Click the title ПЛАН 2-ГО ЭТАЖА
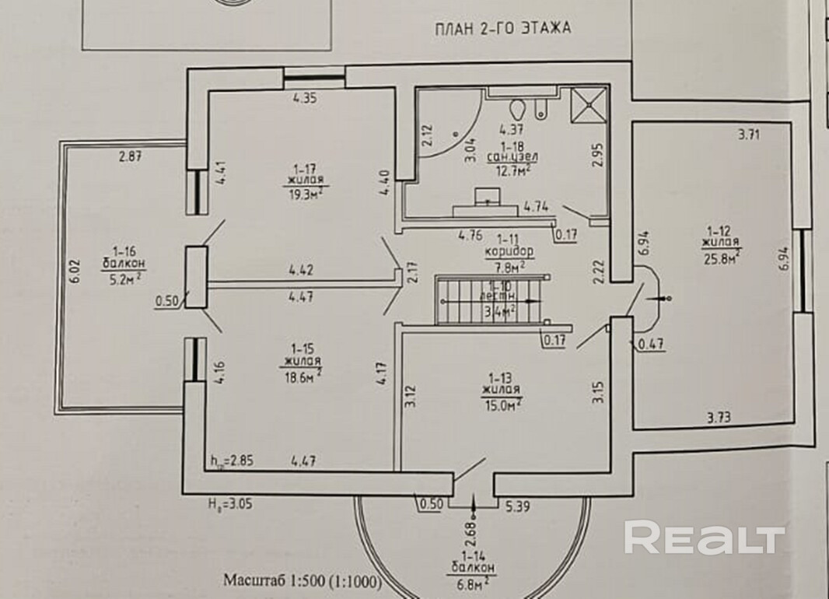(502, 30)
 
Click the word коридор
(509, 252)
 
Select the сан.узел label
(512, 156)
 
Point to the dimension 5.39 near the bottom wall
(518, 506)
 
